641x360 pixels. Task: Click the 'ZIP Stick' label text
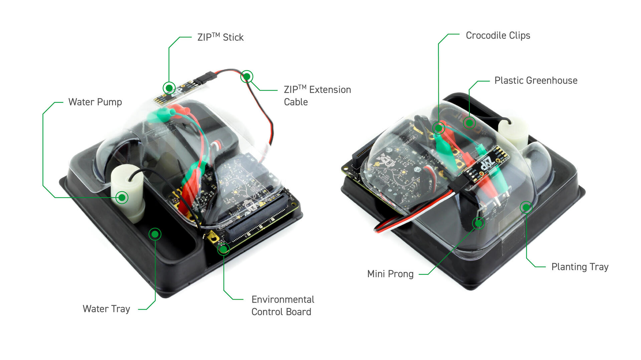tap(220, 37)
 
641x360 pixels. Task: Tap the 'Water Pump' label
tap(95, 102)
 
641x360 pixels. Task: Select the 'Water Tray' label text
tap(106, 309)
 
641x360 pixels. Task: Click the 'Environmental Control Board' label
tap(282, 305)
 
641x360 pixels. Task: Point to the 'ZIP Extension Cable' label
tap(317, 95)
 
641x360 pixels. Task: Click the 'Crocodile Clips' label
tap(498, 35)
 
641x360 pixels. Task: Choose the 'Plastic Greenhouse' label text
tap(536, 80)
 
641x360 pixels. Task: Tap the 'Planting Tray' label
tap(580, 267)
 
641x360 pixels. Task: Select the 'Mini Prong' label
tap(390, 274)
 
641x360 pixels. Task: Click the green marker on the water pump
tap(122, 198)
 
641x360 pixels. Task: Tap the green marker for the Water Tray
tap(155, 234)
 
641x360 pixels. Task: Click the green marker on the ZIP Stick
tap(169, 88)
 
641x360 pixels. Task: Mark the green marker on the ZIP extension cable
tap(247, 77)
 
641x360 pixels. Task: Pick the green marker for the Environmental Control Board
tap(224, 249)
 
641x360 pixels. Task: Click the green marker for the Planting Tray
tap(526, 208)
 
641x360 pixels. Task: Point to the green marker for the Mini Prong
tap(478, 223)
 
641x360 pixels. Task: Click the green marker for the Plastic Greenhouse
tap(469, 123)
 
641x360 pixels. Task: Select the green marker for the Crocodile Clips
tap(438, 128)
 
